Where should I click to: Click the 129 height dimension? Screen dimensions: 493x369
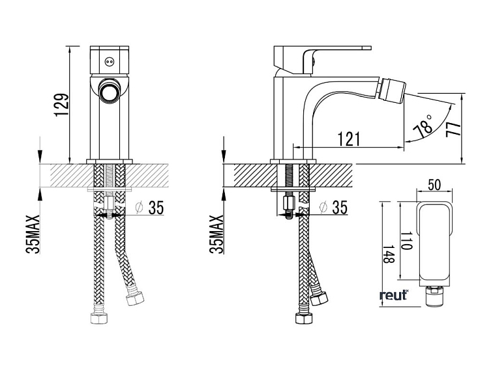(61, 105)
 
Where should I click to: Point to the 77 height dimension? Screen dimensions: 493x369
(454, 130)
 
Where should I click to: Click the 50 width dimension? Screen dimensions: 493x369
(434, 185)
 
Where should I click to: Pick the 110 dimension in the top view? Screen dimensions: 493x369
(407, 241)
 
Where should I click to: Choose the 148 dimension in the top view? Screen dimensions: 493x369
(388, 254)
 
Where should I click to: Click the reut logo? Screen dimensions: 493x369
(394, 295)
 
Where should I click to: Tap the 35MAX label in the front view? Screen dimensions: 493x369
(33, 234)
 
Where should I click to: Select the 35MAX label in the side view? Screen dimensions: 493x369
(217, 234)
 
